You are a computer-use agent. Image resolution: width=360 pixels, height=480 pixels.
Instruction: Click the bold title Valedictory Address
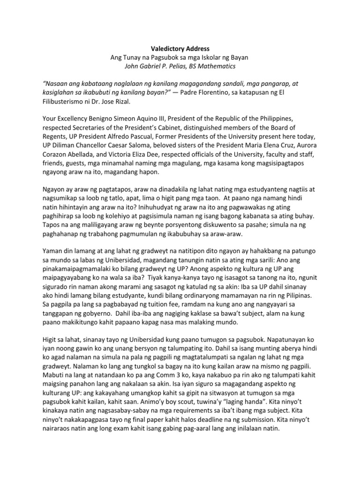click(180, 48)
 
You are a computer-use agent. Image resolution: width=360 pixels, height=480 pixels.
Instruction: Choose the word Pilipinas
click(301, 296)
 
